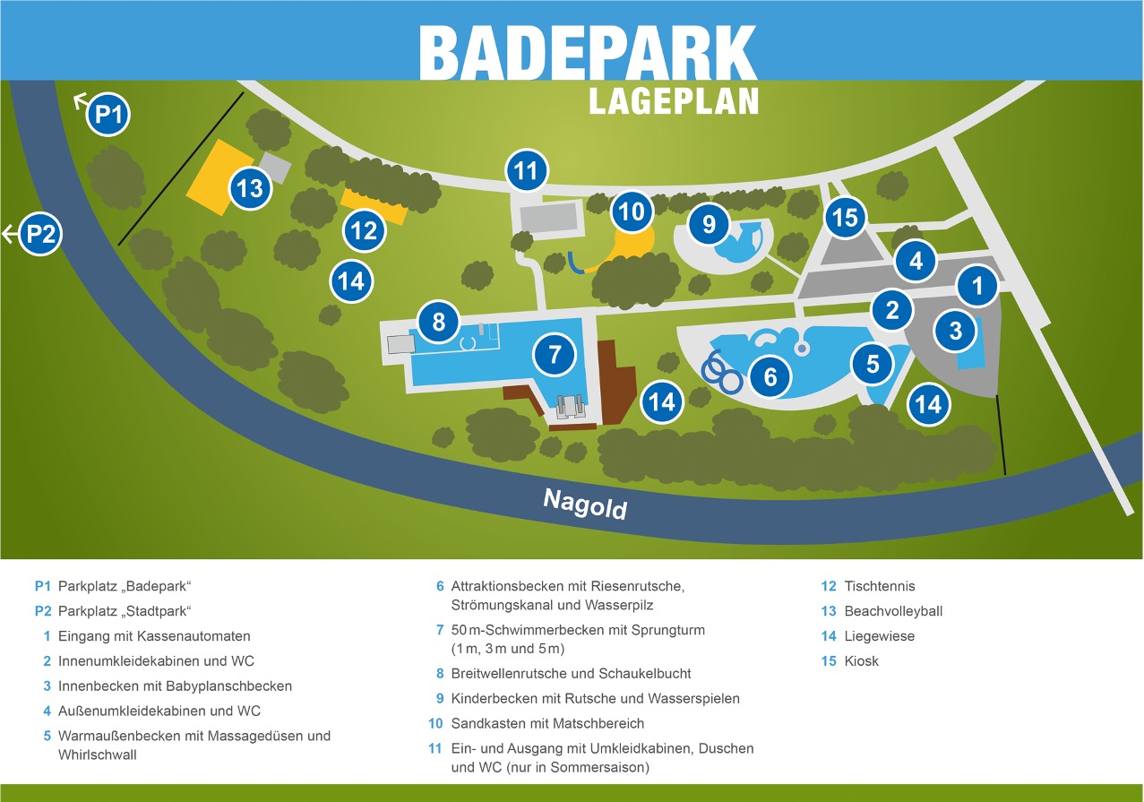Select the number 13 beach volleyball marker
(x=251, y=189)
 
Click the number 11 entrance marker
(x=527, y=170)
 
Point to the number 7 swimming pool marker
(x=555, y=354)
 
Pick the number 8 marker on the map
(x=439, y=321)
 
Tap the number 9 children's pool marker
(x=710, y=224)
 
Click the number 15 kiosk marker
(x=845, y=217)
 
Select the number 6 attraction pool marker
(x=770, y=377)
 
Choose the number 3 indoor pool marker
(x=956, y=331)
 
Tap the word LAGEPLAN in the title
(x=673, y=100)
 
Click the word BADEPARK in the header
(x=588, y=52)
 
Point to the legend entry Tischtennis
(x=880, y=586)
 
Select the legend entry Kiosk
(x=861, y=661)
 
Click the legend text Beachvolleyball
(x=893, y=611)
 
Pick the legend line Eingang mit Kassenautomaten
(x=154, y=636)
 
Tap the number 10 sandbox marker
(x=632, y=211)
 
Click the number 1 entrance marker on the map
(x=977, y=286)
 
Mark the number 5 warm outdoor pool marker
(x=873, y=363)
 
